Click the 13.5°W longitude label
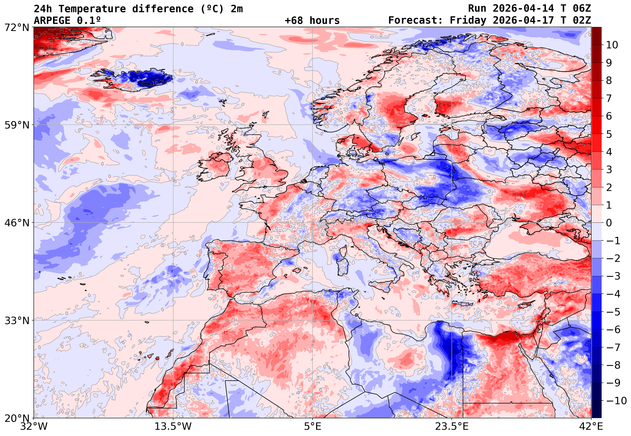(173, 426)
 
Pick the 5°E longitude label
(313, 426)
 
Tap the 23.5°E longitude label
(451, 426)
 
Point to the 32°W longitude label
(34, 426)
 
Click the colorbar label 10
(612, 45)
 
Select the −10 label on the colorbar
(617, 401)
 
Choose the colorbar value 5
(609, 134)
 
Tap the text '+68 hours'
(312, 20)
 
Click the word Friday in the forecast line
(468, 20)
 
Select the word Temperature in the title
(91, 9)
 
